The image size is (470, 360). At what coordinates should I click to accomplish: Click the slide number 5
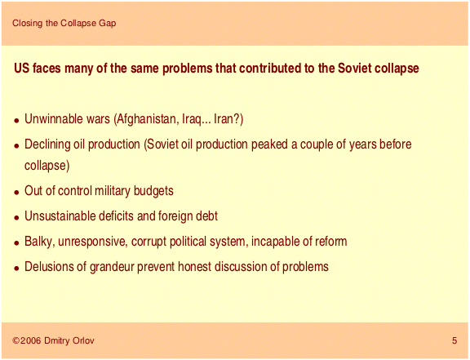coord(454,340)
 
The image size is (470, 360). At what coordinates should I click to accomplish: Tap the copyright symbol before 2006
coord(16,340)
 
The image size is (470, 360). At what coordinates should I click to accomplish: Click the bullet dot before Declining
coord(17,146)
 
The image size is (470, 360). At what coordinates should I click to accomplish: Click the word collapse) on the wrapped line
coord(47,166)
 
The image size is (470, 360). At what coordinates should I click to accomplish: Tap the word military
coord(113,191)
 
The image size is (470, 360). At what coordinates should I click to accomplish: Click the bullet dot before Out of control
coord(17,193)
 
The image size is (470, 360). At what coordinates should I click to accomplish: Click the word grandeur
coord(112,267)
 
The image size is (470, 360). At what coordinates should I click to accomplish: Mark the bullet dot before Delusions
coord(17,268)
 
